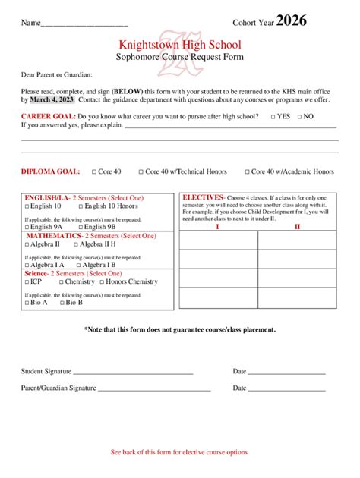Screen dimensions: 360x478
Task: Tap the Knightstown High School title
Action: (x=179, y=46)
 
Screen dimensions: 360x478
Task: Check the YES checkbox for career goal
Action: (x=271, y=117)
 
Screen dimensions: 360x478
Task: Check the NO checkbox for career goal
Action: (x=300, y=117)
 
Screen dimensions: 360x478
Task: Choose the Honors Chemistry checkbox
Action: (x=101, y=281)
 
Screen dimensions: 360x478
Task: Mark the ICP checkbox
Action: (x=27, y=281)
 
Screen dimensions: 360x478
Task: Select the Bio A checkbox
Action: (x=27, y=302)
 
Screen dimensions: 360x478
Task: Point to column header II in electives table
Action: (x=297, y=226)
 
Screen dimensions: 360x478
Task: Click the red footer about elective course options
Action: (x=179, y=452)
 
